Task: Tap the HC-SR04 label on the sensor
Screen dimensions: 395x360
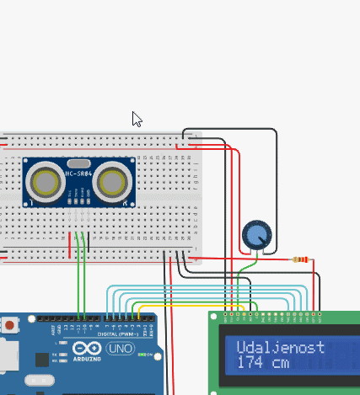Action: (78, 174)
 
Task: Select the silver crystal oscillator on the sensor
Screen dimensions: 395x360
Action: (78, 163)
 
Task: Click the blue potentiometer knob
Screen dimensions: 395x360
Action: (256, 235)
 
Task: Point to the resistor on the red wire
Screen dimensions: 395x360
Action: (299, 259)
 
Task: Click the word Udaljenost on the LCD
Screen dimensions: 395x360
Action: (269, 347)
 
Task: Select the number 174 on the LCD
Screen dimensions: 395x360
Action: (250, 362)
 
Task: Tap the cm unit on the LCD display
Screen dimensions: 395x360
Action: (281, 362)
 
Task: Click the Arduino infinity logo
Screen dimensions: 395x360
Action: (86, 348)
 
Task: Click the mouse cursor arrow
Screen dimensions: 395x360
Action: (137, 119)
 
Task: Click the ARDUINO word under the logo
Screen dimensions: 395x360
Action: (86, 359)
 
